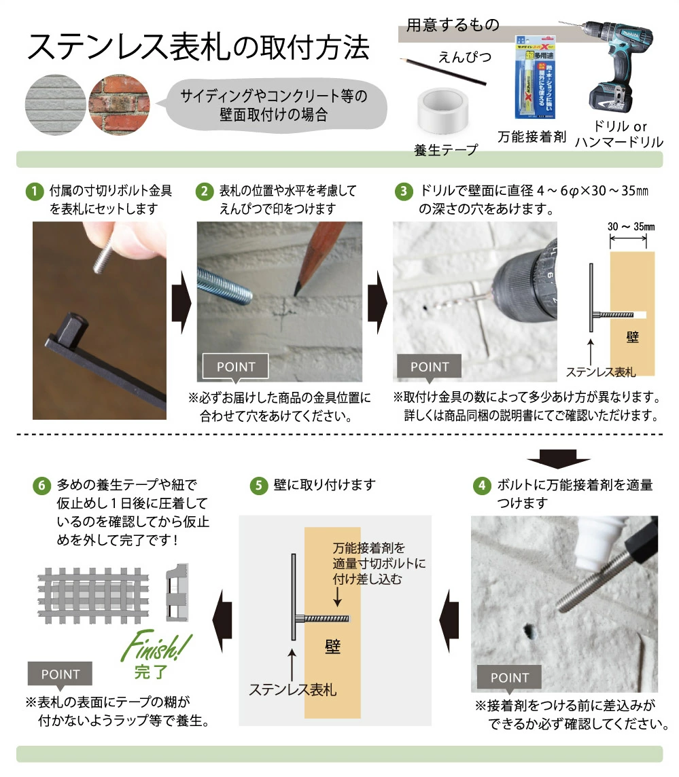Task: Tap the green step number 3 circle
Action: (404, 191)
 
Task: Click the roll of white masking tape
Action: (442, 111)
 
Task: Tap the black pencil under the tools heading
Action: (445, 71)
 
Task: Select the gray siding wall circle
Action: (56, 102)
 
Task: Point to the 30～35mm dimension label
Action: (631, 225)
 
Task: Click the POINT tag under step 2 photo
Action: (236, 367)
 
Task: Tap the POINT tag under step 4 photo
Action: (509, 677)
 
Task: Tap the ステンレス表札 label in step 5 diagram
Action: (293, 689)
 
